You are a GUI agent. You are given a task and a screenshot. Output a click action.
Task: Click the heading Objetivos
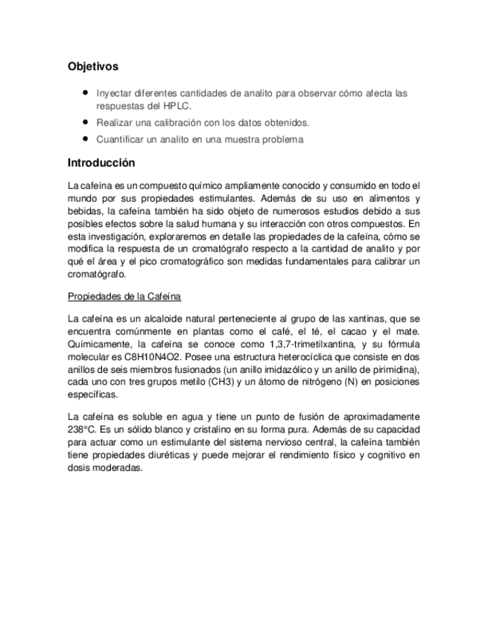[x=92, y=66]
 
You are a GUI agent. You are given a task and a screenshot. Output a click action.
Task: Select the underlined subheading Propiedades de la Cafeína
[x=124, y=296]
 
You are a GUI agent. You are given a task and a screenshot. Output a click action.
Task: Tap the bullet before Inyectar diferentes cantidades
[x=87, y=93]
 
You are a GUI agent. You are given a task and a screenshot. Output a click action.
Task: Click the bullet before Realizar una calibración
[x=87, y=121]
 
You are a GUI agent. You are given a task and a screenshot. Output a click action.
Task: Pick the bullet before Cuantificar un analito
[x=87, y=139]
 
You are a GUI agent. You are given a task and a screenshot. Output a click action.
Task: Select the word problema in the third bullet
[x=279, y=139]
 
